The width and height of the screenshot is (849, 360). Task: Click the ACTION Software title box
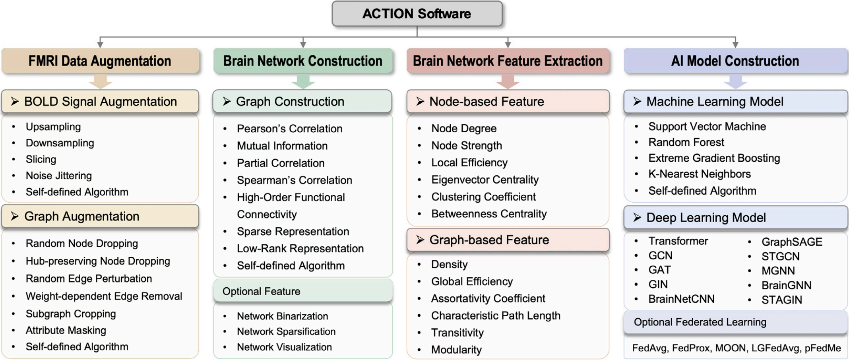pos(417,14)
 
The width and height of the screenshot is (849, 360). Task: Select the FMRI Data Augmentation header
pos(100,61)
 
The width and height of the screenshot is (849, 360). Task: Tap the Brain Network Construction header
pos(303,61)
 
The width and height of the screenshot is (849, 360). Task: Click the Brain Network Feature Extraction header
pos(508,61)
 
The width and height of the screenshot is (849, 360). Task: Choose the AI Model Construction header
pos(735,61)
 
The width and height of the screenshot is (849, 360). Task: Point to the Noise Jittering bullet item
pos(59,176)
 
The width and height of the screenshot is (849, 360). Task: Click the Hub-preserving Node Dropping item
pos(98,261)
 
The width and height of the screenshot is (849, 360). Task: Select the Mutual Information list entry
pos(282,146)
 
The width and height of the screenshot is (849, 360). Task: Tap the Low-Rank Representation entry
pos(300,249)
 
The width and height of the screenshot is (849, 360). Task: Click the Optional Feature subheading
pos(262,291)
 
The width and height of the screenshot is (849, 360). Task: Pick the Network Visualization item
pos(284,347)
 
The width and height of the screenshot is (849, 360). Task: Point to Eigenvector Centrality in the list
pos(485,180)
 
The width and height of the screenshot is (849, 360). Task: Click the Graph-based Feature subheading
pos(489,240)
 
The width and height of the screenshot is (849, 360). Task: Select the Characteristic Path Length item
pos(496,315)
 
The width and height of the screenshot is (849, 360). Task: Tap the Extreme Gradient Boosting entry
pos(714,158)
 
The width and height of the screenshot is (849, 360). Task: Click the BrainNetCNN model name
pos(681,299)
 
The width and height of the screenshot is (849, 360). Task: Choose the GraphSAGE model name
pos(792,242)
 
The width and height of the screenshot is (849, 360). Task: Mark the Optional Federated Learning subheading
pos(700,322)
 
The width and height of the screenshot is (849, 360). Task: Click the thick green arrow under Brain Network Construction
pos(303,82)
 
